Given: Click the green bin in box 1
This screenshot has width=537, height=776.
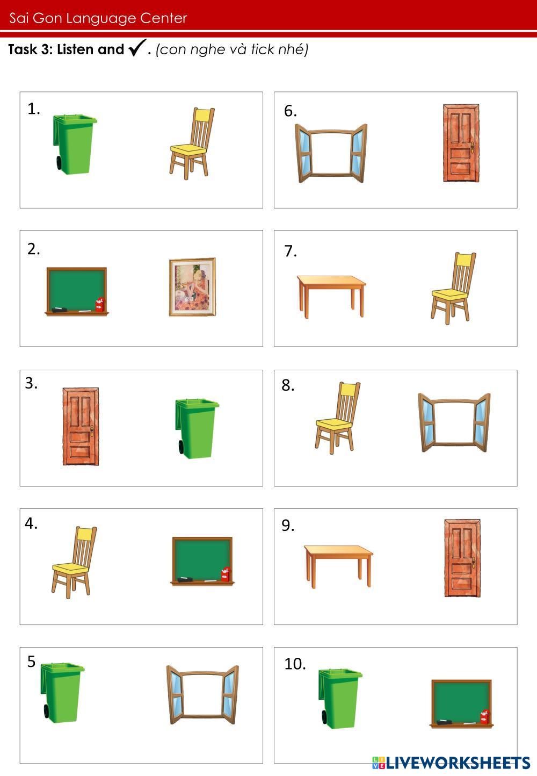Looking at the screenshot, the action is pyautogui.click(x=75, y=144).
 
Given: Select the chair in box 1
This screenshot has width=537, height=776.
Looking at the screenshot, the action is pyautogui.click(x=192, y=143).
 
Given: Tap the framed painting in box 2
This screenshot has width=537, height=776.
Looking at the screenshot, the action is pyautogui.click(x=192, y=287).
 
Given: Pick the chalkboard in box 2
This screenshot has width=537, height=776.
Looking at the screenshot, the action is pyautogui.click(x=76, y=291).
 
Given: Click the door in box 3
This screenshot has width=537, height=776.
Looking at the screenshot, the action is pyautogui.click(x=81, y=426).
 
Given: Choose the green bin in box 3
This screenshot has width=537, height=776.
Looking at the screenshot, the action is pyautogui.click(x=197, y=428).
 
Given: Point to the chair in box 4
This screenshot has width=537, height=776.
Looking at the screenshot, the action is pyautogui.click(x=74, y=562).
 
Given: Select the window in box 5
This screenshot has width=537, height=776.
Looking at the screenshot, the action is pyautogui.click(x=202, y=695).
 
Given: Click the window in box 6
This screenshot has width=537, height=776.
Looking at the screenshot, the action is pyautogui.click(x=331, y=153).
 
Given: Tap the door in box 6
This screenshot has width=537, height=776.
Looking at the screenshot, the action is pyautogui.click(x=461, y=143).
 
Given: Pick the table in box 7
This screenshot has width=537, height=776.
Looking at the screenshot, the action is pyautogui.click(x=331, y=297).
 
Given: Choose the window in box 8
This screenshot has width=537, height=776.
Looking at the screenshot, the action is pyautogui.click(x=454, y=422).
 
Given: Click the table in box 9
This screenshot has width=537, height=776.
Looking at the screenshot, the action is pyautogui.click(x=338, y=566).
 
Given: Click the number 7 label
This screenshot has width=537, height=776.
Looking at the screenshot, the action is pyautogui.click(x=290, y=251).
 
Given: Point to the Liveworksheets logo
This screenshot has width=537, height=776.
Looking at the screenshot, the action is pyautogui.click(x=451, y=763).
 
